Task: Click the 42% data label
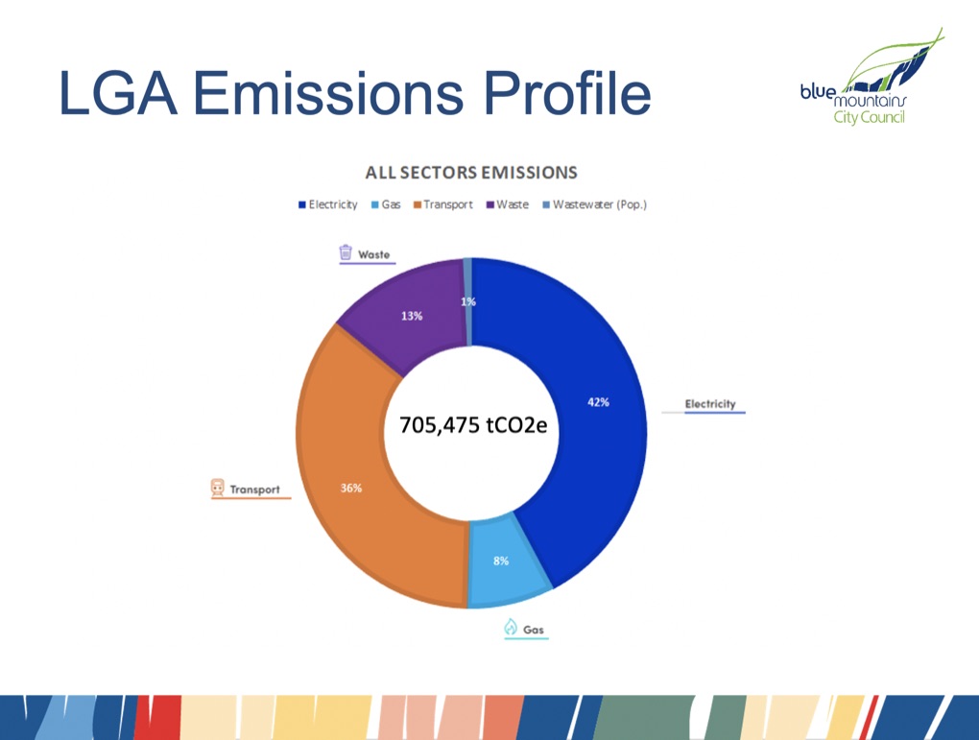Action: pos(598,402)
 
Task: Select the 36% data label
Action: pos(351,488)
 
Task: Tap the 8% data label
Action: pos(501,561)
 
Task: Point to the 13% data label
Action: pos(412,316)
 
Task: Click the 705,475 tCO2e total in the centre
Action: pos(473,425)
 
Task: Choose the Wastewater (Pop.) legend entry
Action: pos(594,204)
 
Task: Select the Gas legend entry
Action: pos(386,204)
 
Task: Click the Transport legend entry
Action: pos(442,204)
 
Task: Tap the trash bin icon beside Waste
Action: pos(346,252)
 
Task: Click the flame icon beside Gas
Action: pos(511,627)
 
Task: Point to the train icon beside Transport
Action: pos(217,487)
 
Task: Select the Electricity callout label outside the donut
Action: pos(710,404)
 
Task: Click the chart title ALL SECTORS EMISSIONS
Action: pos(471,173)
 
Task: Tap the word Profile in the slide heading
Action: pos(567,94)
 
